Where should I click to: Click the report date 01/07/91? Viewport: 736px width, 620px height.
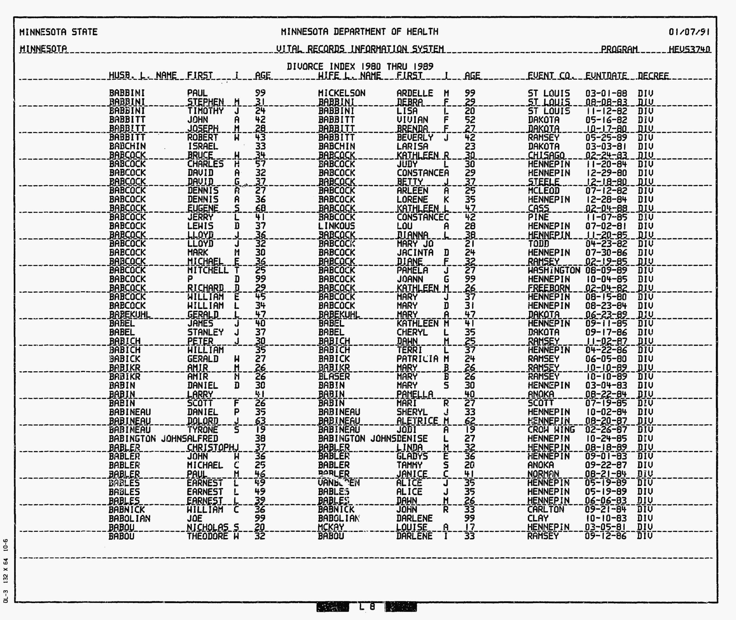[x=689, y=32]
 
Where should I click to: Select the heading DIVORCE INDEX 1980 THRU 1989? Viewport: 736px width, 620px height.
[x=360, y=66]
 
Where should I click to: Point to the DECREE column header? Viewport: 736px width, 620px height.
[x=653, y=76]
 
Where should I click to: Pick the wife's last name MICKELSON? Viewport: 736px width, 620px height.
[x=342, y=93]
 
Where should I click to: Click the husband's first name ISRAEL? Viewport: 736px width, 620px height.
[x=202, y=146]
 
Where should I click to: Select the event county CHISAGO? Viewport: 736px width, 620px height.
[x=546, y=155]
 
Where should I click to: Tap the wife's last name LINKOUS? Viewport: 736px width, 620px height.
[x=336, y=226]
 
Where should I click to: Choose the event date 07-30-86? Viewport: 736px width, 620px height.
[x=606, y=252]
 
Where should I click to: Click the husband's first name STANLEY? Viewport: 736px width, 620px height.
[x=205, y=332]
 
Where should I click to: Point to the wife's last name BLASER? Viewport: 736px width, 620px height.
[x=334, y=377]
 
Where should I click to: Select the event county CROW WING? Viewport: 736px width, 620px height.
[x=551, y=429]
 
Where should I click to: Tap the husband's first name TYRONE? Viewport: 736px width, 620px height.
[x=202, y=429]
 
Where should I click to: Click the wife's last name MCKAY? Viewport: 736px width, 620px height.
[x=331, y=527]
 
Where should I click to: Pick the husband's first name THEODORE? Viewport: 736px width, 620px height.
[x=207, y=536]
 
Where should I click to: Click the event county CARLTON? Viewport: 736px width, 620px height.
[x=545, y=509]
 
